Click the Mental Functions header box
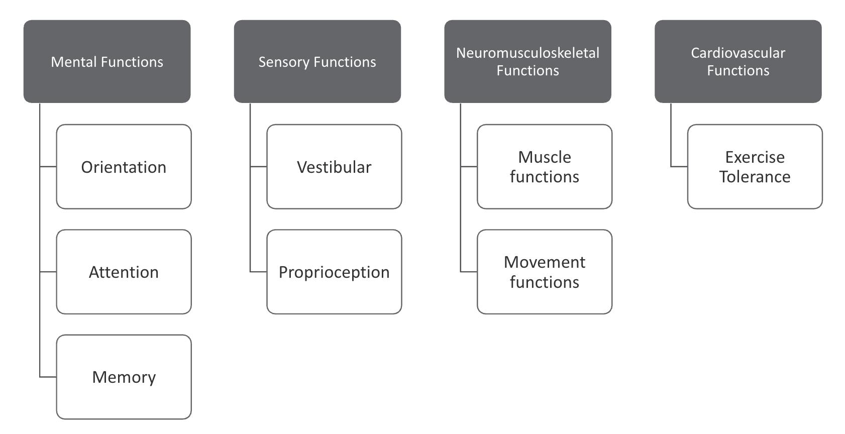(x=107, y=61)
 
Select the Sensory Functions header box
(x=317, y=61)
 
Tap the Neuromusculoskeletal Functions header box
(x=527, y=61)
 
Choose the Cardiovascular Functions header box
(x=738, y=61)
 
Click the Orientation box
(x=124, y=167)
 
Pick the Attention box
(x=124, y=272)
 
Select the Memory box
(x=124, y=377)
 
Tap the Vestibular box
(x=334, y=167)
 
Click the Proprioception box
(x=334, y=272)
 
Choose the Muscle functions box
(x=545, y=167)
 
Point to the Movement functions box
(x=545, y=272)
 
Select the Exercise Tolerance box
(x=755, y=167)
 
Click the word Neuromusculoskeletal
(x=527, y=53)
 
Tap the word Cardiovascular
(x=738, y=53)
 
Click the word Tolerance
(x=755, y=177)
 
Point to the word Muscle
(x=545, y=157)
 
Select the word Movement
(x=545, y=262)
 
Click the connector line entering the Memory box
(x=48, y=377)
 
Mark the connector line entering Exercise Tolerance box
(x=679, y=166)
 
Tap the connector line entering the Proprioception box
(x=259, y=272)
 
